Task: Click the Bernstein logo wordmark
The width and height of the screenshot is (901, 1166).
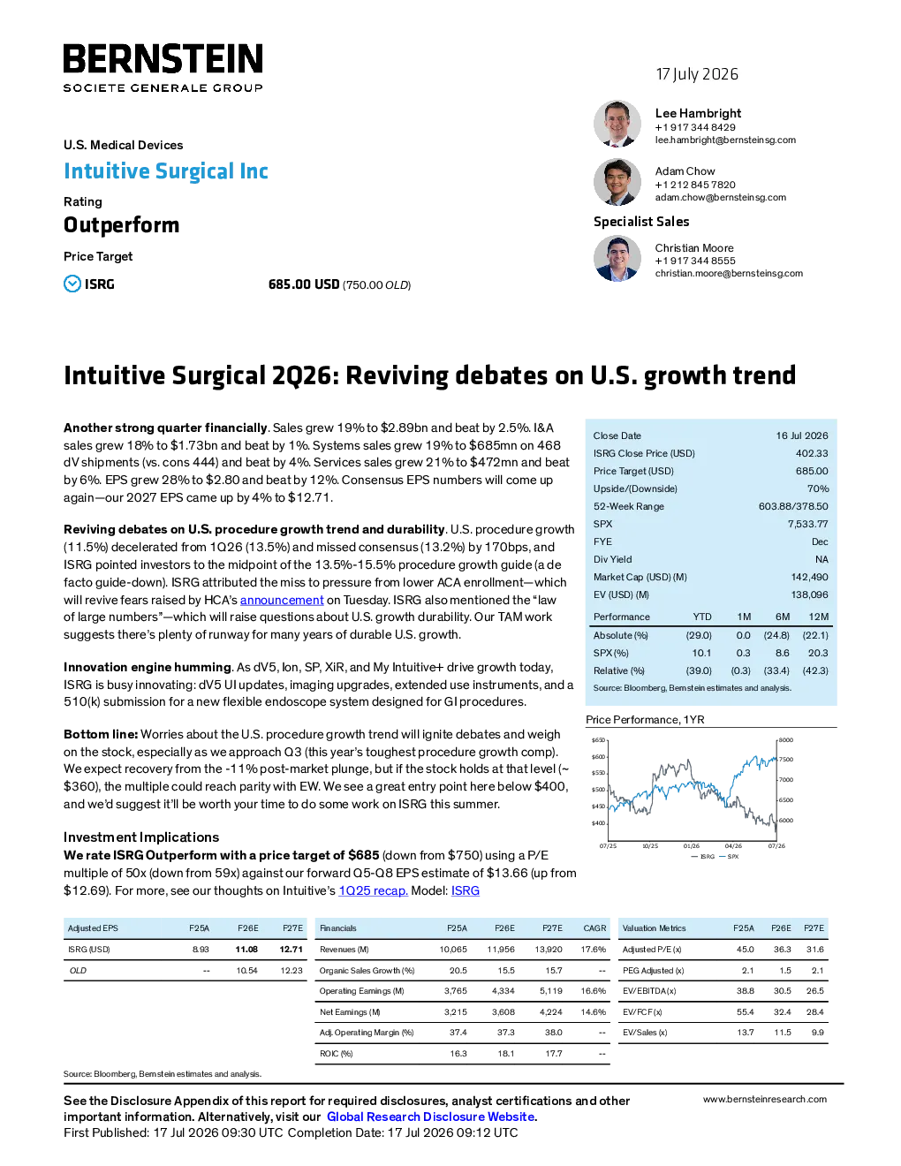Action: pyautogui.click(x=163, y=58)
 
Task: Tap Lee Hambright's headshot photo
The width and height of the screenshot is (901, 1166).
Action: pyautogui.click(x=617, y=124)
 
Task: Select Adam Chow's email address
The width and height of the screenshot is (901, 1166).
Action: pyautogui.click(x=720, y=198)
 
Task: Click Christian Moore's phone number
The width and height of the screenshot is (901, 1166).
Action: pyautogui.click(x=695, y=261)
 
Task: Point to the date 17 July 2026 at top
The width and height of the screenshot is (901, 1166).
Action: pyautogui.click(x=697, y=74)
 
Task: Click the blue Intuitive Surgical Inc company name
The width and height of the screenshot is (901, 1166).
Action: pyautogui.click(x=166, y=171)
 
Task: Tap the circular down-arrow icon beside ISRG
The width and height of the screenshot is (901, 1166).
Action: pyautogui.click(x=72, y=284)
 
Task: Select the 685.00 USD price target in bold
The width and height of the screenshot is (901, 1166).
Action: pyautogui.click(x=304, y=284)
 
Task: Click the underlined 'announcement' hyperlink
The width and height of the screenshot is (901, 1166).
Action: pyautogui.click(x=282, y=600)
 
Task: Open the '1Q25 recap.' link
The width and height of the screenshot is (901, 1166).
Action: pyautogui.click(x=373, y=890)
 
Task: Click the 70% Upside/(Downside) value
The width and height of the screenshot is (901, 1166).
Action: pyautogui.click(x=818, y=488)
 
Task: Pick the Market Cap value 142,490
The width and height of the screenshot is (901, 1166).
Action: pyautogui.click(x=809, y=578)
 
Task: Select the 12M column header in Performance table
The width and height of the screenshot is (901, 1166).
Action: pyautogui.click(x=818, y=617)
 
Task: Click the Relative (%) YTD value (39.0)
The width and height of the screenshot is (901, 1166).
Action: pyautogui.click(x=698, y=670)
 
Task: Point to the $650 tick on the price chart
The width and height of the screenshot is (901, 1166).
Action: pyautogui.click(x=598, y=740)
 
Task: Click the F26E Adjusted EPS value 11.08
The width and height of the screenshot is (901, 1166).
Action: pyautogui.click(x=246, y=950)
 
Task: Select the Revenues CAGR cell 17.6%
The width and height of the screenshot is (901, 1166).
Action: pyautogui.click(x=593, y=950)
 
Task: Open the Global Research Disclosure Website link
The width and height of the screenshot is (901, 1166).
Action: pyautogui.click(x=432, y=1117)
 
